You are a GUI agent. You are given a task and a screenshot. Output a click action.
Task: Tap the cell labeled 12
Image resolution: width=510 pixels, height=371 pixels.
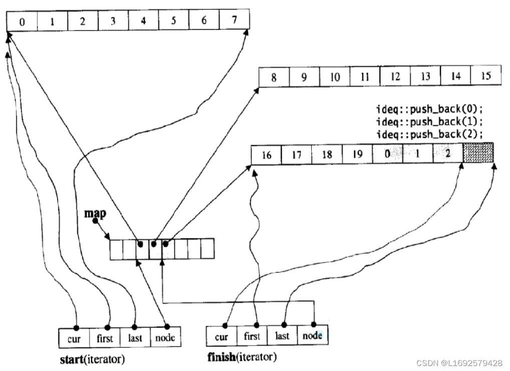point(395,77)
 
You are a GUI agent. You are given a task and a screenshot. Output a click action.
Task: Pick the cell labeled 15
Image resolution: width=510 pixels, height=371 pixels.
point(485,77)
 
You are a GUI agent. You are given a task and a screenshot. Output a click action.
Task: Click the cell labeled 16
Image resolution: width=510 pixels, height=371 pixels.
point(266,154)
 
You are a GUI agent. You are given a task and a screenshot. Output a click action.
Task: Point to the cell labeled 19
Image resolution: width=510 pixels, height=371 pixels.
point(357,154)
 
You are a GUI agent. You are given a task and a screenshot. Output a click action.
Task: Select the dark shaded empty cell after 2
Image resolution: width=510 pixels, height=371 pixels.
point(478,153)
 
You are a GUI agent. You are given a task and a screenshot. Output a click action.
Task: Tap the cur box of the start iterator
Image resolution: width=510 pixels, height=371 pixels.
point(75,338)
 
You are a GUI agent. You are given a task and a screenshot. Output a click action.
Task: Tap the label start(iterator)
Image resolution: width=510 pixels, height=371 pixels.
point(92,359)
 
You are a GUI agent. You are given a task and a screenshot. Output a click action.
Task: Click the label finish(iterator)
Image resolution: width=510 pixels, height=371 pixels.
point(241,358)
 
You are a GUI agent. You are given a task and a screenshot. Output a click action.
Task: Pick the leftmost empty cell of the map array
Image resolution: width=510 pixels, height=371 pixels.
point(116,249)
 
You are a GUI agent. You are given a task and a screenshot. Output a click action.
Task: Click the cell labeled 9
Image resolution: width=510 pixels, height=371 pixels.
point(304,78)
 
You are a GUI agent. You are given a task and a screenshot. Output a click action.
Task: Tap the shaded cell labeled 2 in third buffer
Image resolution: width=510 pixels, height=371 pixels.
point(447,153)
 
